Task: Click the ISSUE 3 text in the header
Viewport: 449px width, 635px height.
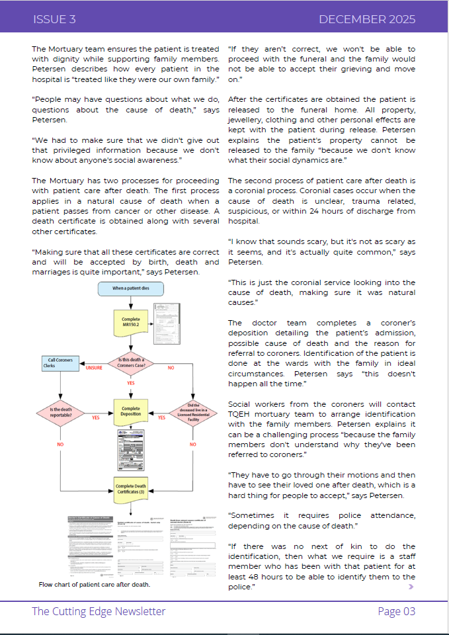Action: (54, 19)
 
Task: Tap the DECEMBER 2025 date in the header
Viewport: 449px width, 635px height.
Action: (366, 19)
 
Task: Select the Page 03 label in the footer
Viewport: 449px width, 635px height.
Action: (396, 611)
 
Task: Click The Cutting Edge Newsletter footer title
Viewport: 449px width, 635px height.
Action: (99, 611)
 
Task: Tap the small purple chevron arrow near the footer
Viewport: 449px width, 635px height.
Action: (411, 586)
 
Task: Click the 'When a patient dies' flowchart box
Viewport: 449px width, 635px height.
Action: (130, 288)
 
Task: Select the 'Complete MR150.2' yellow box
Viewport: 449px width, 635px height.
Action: (131, 321)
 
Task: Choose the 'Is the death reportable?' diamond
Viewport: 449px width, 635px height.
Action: (60, 413)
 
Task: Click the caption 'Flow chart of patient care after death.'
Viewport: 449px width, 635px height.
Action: (95, 585)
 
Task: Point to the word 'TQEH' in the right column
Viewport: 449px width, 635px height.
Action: (243, 414)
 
